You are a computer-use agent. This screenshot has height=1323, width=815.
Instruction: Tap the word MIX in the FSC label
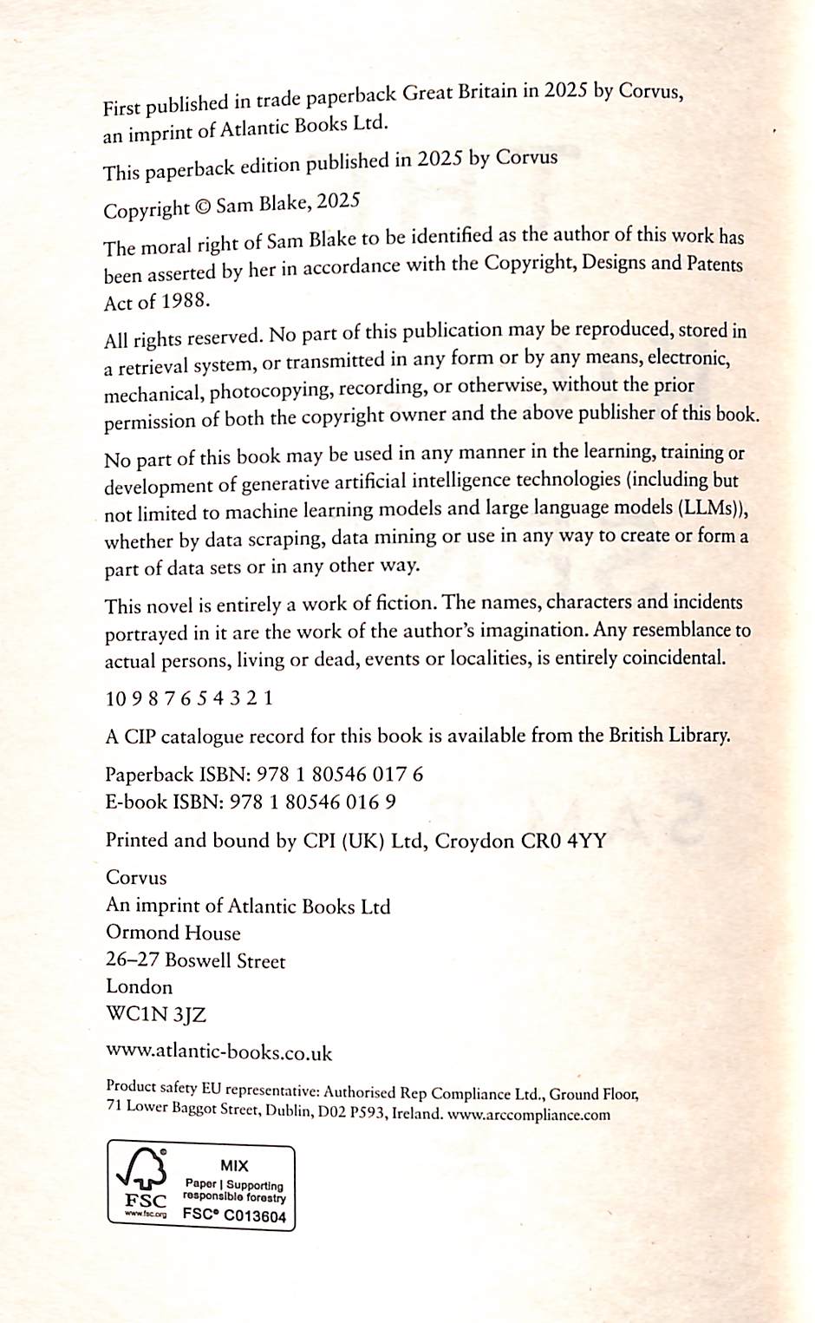pos(234,1166)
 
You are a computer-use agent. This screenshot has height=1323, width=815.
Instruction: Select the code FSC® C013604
pos(234,1216)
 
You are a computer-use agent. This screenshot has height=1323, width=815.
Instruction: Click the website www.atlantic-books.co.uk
pos(218,1052)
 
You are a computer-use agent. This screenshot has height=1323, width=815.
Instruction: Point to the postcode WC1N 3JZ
pos(156,1014)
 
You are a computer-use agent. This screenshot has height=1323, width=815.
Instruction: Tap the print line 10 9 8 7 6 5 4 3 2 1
pos(189,698)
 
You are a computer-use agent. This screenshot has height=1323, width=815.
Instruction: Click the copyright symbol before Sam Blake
pos(202,207)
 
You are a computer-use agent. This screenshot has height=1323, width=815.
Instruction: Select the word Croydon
pos(473,841)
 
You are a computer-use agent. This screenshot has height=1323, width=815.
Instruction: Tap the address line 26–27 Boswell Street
pos(195,960)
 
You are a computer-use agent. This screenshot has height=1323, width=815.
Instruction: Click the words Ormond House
pos(173,933)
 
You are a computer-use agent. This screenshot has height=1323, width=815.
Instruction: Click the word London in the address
pos(139,986)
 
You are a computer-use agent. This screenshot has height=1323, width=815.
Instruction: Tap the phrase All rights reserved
pos(182,337)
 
